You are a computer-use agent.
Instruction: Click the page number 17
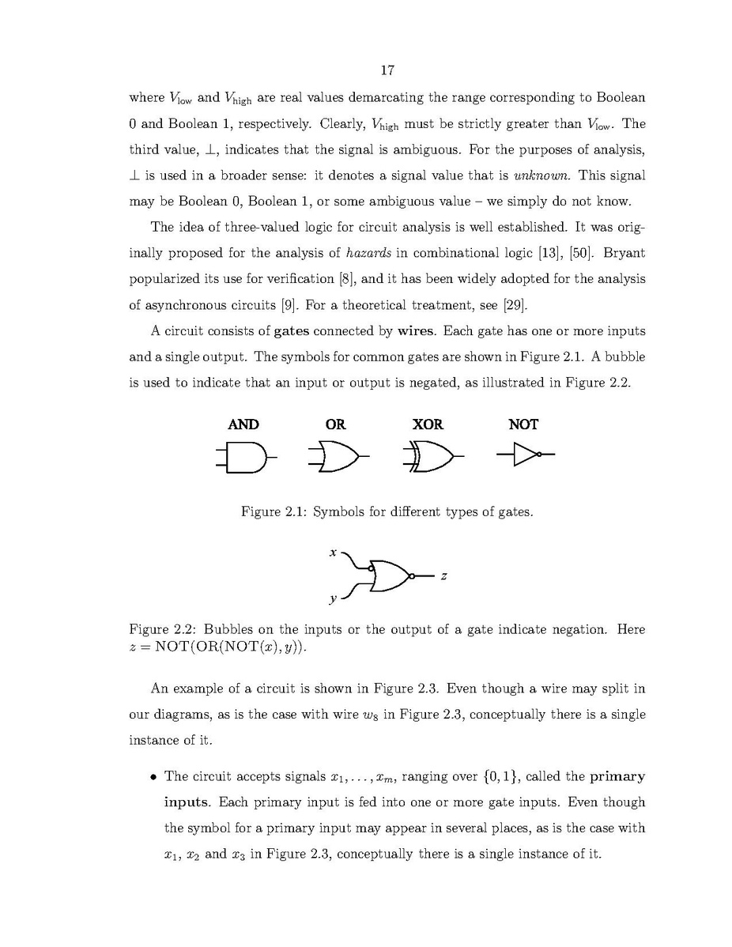387,70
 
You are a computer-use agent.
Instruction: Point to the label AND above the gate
243,424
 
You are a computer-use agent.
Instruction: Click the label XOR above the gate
428,424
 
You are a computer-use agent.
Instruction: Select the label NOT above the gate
523,424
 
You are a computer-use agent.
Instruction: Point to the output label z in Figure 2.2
443,577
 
